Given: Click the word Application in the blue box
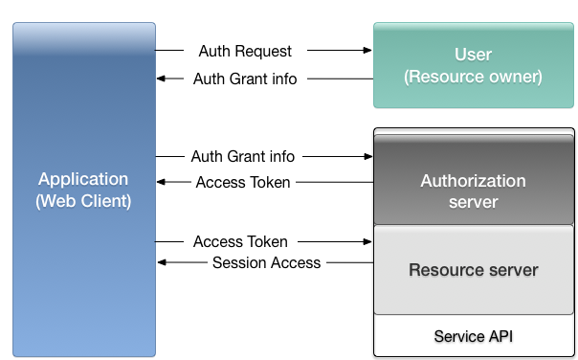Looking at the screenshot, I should point(83,179).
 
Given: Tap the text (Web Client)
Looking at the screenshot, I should point(83,201).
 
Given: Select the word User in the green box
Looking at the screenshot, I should point(474,54).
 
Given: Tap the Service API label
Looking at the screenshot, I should point(474,336).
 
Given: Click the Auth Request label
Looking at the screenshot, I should point(245,50).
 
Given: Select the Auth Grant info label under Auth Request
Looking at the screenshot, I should point(245,79).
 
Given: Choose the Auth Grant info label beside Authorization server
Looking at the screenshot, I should point(243,155).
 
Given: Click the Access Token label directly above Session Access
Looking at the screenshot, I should point(240,241).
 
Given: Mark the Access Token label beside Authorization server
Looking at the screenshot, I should point(243,182).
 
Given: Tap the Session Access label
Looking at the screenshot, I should point(266,262).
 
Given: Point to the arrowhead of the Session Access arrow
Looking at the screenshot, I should point(163,262).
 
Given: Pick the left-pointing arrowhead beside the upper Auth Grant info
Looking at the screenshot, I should point(163,79).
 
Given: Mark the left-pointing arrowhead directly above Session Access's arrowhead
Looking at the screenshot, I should point(163,182).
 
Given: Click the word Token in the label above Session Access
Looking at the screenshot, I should point(267,241).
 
